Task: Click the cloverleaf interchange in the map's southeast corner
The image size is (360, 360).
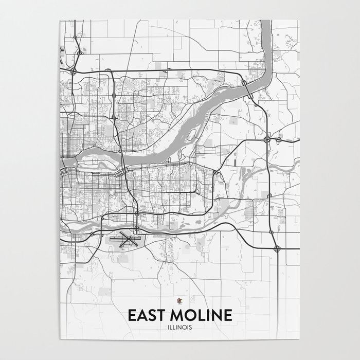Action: coord(277,248)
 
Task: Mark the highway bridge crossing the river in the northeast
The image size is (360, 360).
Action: coord(248,93)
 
